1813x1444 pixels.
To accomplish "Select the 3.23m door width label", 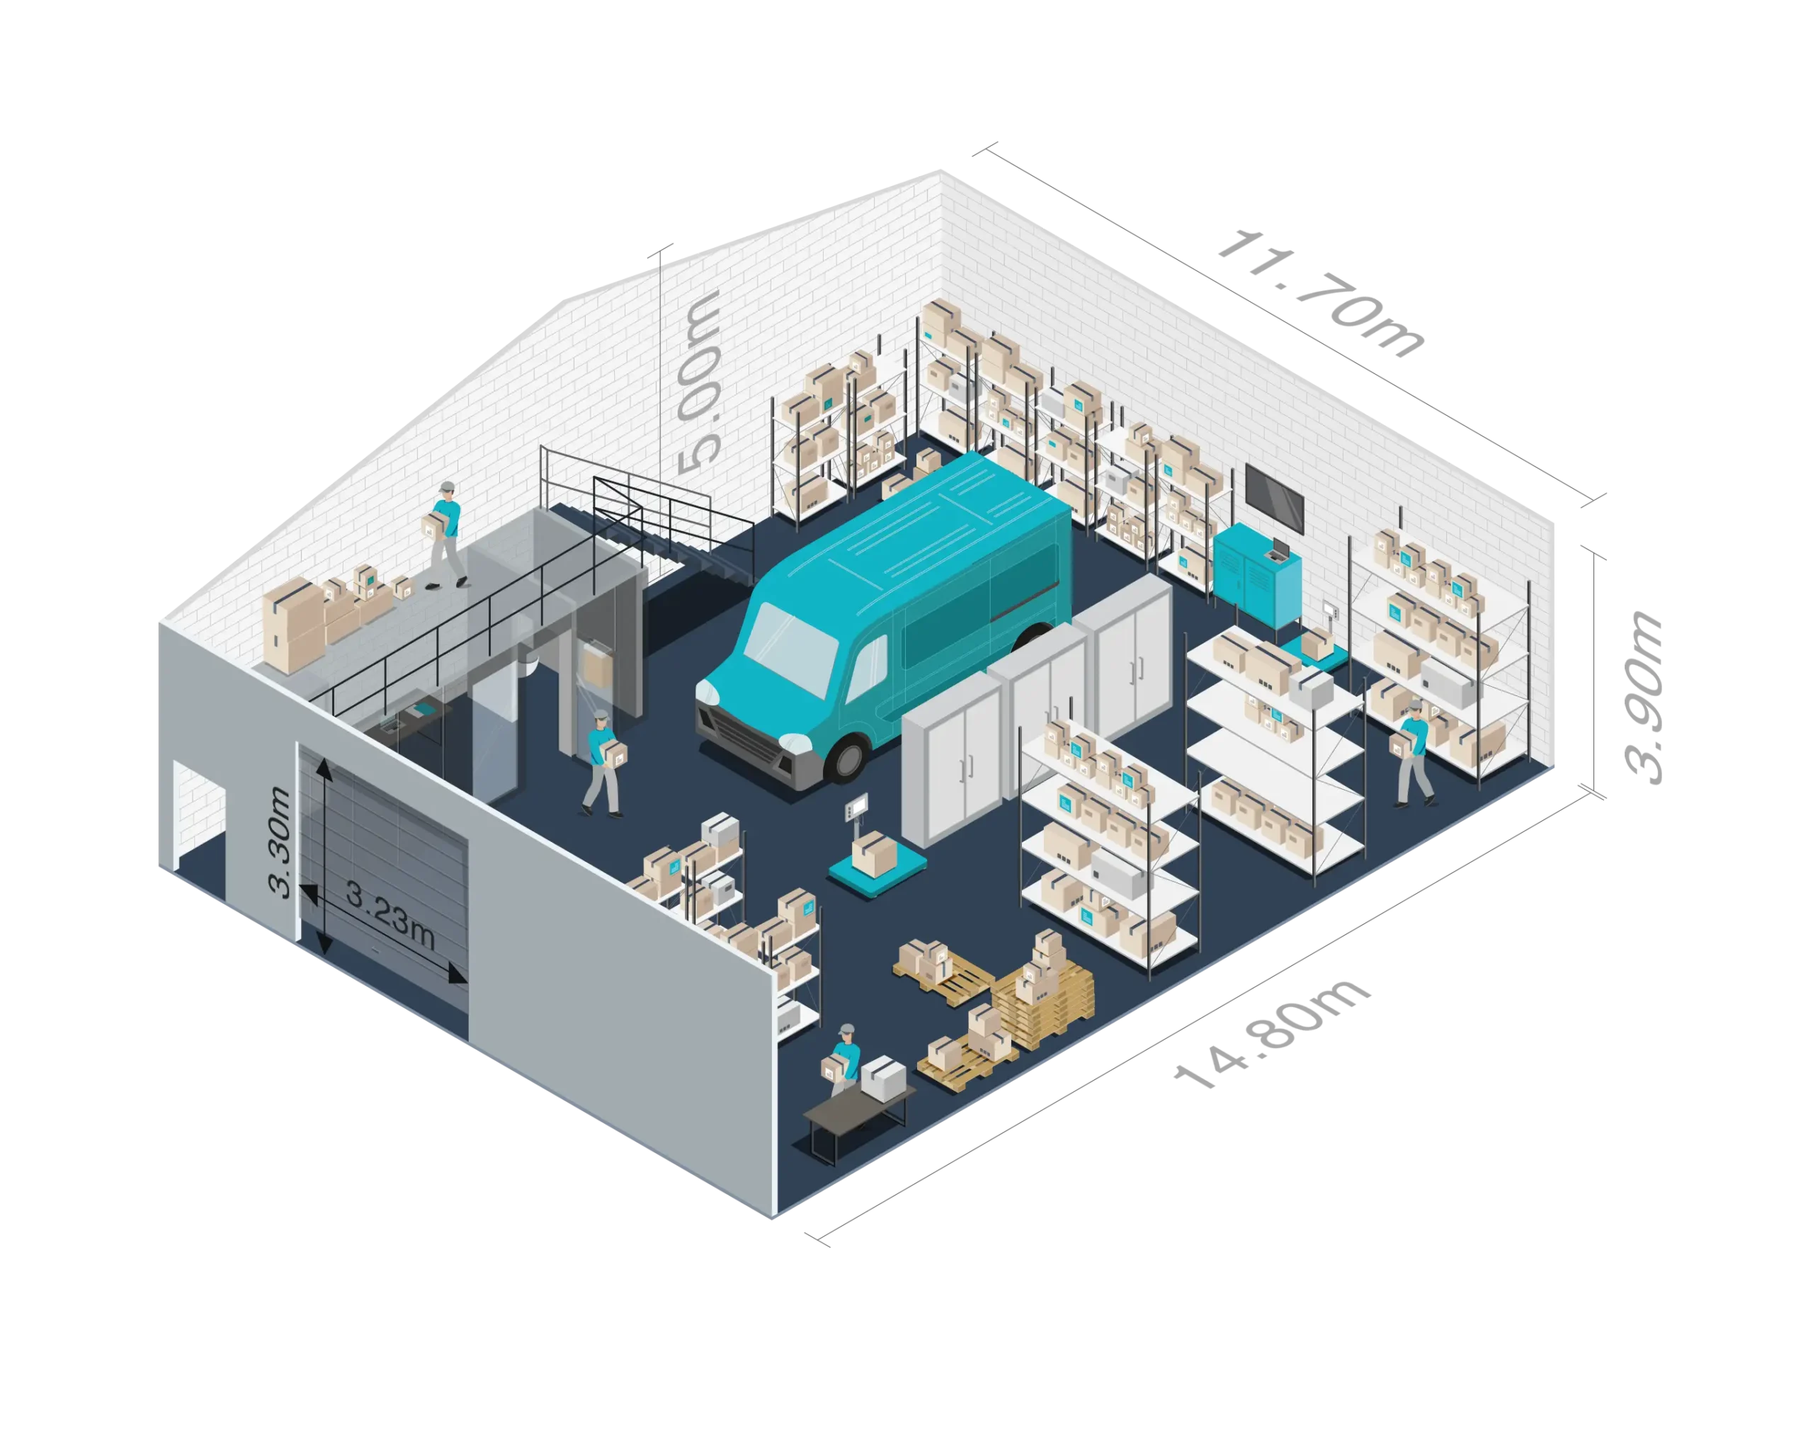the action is point(390,919).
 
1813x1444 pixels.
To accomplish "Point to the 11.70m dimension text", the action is point(1321,295).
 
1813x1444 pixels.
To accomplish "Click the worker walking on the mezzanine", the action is point(445,534).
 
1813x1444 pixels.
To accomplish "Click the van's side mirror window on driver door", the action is point(867,664).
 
